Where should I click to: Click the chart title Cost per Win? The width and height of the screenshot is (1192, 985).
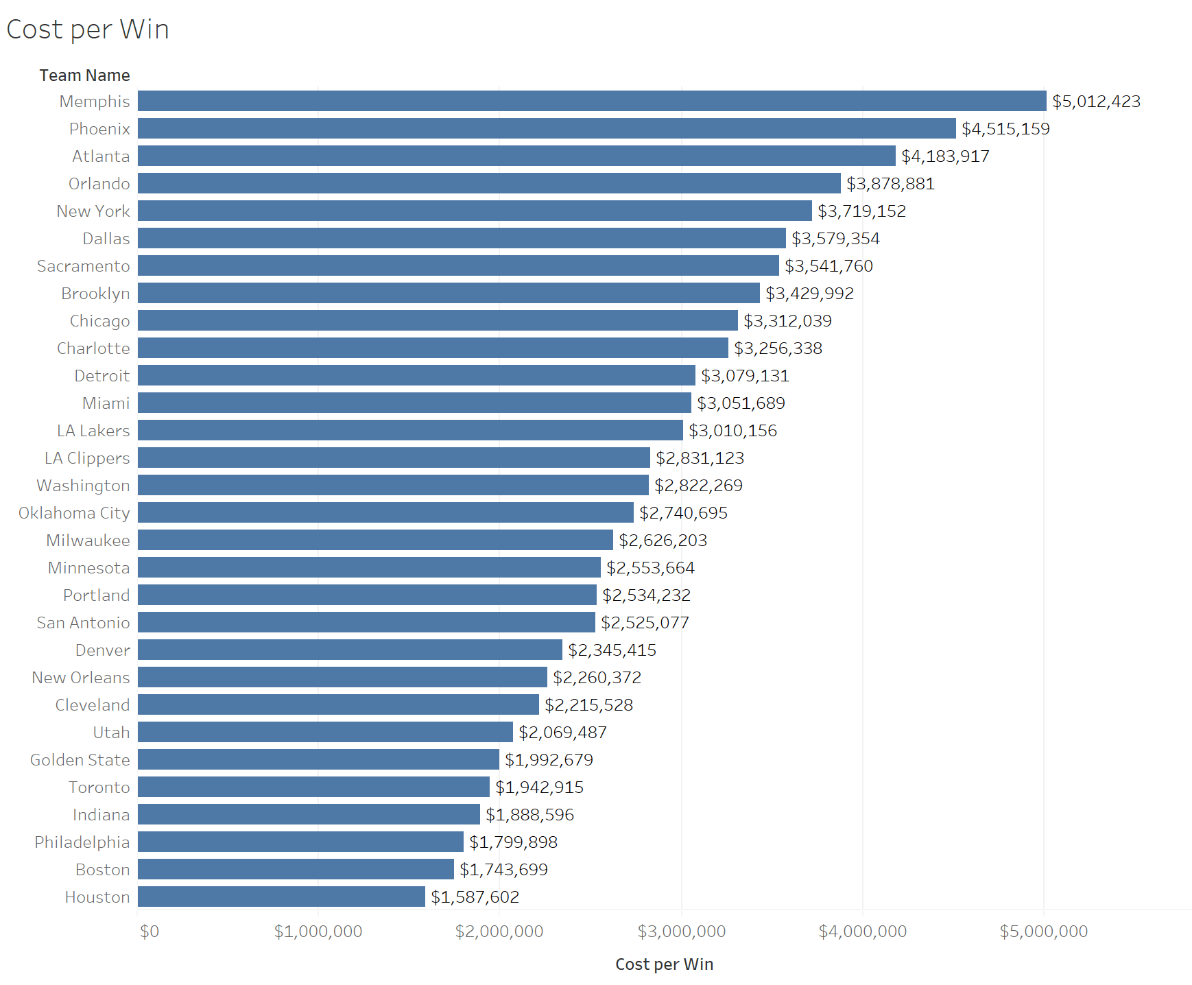point(88,30)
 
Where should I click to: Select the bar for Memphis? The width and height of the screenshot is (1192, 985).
point(592,101)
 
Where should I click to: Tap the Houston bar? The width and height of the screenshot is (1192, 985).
point(281,897)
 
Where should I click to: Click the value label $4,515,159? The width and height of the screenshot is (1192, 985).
point(1005,129)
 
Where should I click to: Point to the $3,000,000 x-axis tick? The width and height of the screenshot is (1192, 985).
point(682,931)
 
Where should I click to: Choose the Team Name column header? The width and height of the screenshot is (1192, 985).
point(84,75)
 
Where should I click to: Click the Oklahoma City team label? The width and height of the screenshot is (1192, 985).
point(74,513)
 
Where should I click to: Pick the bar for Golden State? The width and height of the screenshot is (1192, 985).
point(318,759)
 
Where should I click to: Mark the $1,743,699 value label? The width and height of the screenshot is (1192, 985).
point(503,870)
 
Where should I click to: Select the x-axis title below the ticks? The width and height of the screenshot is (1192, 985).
point(664,964)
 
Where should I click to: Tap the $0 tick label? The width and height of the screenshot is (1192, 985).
point(149,931)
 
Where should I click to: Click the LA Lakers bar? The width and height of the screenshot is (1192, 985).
point(410,430)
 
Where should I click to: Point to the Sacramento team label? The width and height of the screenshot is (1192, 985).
point(84,266)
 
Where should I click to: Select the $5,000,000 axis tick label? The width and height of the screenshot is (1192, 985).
point(1044,931)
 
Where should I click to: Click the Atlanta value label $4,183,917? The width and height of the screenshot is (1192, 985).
point(945,156)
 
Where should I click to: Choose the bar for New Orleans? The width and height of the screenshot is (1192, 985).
point(342,677)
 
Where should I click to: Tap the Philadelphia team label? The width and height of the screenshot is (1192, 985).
point(82,842)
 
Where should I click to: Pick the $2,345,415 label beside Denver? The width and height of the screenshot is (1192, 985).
point(612,650)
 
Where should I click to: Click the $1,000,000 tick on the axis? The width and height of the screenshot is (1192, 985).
point(318,931)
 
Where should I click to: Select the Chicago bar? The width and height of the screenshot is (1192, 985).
point(438,320)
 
